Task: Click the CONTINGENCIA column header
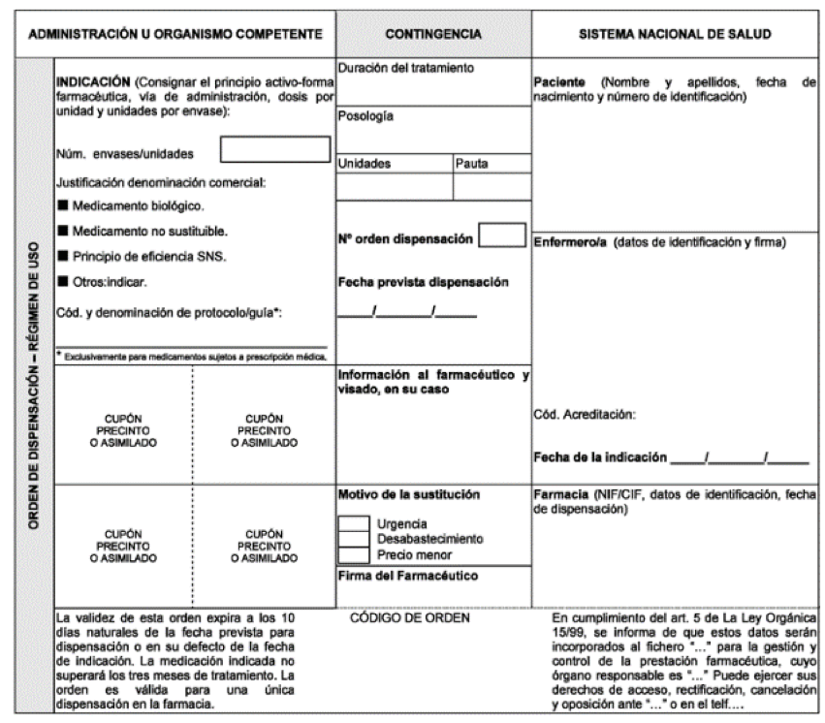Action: point(433,34)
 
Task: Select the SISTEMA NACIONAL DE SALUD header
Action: point(676,34)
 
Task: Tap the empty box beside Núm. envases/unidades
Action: point(275,149)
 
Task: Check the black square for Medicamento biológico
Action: point(63,205)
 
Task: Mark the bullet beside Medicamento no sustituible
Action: point(63,231)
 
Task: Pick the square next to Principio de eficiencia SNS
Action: point(63,256)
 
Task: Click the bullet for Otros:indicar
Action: point(63,281)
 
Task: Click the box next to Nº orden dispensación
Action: point(502,236)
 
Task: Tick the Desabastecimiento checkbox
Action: point(354,539)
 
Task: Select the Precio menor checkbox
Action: point(354,554)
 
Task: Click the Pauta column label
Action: point(472,164)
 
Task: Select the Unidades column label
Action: point(365,164)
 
